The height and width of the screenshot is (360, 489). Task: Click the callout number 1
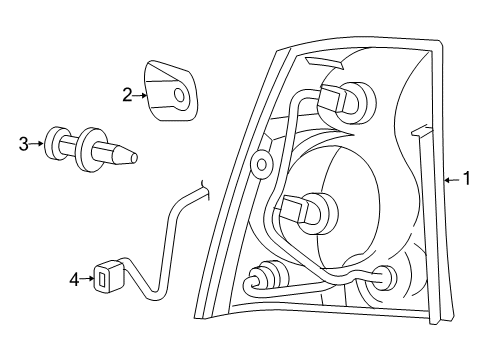[x=466, y=180]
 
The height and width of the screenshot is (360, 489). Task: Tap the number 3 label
[x=24, y=144]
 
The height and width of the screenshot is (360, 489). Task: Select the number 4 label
[x=73, y=280]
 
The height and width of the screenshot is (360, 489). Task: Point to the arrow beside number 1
[x=452, y=180]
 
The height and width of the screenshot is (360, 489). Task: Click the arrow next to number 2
[x=141, y=95]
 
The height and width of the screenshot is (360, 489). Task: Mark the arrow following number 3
[x=37, y=144]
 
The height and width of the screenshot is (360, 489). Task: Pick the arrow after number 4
[x=86, y=280]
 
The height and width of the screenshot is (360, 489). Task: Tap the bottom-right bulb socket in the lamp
[x=386, y=277]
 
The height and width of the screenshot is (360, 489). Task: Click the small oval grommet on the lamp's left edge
[x=262, y=164]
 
